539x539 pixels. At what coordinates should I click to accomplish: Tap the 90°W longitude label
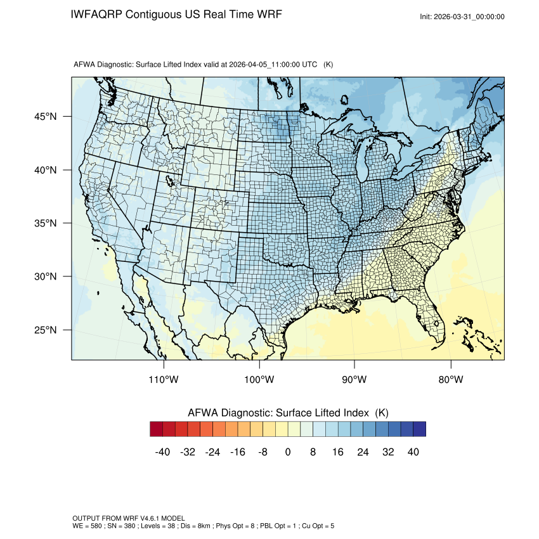355,380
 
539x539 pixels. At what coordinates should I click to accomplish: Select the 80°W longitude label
451,380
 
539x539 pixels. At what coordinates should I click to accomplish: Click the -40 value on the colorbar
162,452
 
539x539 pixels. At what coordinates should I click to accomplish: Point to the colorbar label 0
288,452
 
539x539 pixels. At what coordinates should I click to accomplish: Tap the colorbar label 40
413,452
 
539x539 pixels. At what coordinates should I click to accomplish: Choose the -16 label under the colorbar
238,452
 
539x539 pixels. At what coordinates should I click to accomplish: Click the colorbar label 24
363,452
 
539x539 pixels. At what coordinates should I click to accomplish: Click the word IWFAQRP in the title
96,15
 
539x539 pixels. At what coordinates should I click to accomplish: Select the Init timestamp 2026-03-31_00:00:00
470,17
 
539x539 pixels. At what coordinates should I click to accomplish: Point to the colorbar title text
288,413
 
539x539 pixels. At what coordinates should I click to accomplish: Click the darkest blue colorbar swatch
419,429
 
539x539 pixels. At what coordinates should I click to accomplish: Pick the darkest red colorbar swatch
157,429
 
